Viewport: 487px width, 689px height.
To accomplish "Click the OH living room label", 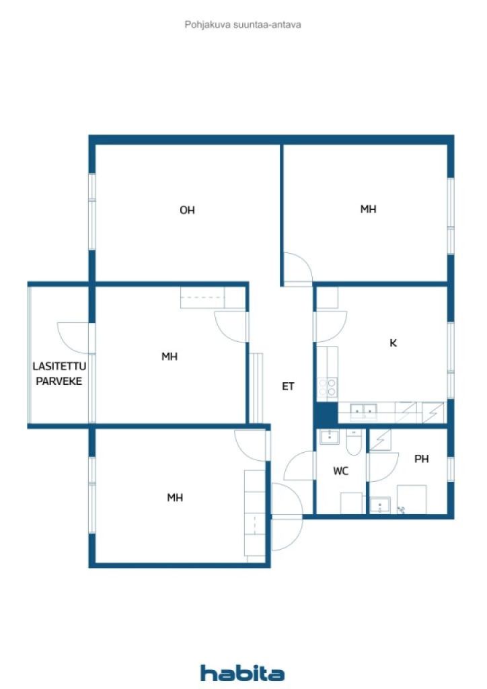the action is point(187,210).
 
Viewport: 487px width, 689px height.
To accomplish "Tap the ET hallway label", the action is point(288,386).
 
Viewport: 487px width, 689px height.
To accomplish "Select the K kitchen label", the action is point(393,343).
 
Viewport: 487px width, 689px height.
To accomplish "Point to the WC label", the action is point(341,471).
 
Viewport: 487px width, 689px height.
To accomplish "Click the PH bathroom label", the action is point(422,459).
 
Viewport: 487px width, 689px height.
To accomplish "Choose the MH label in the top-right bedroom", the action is point(368,209).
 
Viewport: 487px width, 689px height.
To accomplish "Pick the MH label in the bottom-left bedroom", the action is point(175,497).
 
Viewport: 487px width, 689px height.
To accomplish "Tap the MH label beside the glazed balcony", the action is point(170,357).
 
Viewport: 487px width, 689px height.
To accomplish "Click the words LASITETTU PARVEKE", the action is point(59,373).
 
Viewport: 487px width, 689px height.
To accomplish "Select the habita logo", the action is point(242,673).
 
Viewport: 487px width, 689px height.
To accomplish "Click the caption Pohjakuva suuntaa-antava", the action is point(243,25).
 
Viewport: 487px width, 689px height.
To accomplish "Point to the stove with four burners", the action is point(328,388).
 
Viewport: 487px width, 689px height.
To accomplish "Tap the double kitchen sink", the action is point(363,411).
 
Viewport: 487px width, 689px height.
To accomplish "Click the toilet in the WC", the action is point(354,442).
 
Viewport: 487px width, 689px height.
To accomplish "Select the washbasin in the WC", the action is point(329,437).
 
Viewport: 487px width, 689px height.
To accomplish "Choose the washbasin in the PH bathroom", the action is point(380,505).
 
